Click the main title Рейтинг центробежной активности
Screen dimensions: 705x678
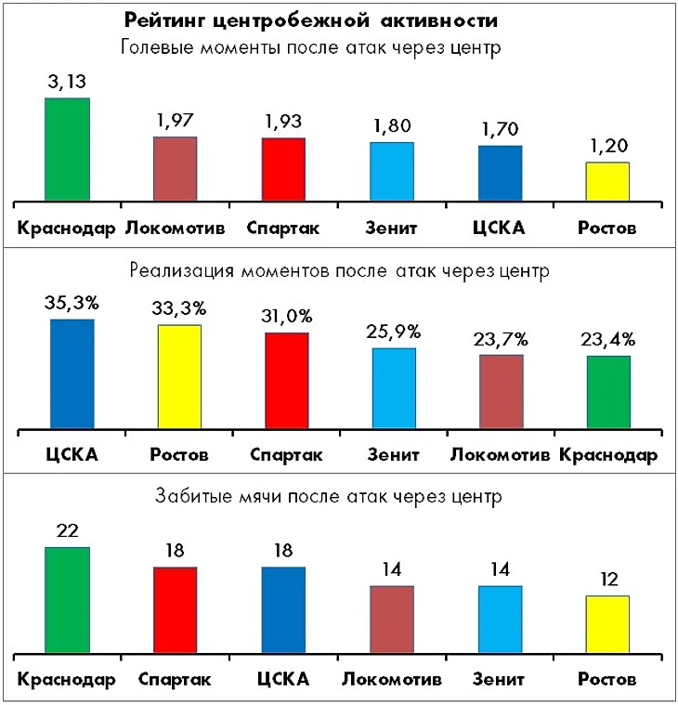tap(312, 20)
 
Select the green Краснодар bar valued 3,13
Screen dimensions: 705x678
tap(67, 149)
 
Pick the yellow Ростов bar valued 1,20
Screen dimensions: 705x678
tap(607, 181)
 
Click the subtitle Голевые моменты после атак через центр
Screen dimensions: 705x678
tap(312, 48)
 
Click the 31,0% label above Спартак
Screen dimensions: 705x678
tap(287, 316)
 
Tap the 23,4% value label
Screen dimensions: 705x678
tap(609, 339)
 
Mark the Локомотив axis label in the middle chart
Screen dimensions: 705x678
tap(502, 455)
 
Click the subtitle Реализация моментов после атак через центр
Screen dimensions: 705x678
tap(340, 272)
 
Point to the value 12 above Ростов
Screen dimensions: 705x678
tap(607, 580)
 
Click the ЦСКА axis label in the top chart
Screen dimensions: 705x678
tap(500, 228)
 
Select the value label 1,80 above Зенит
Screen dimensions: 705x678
tap(391, 125)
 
